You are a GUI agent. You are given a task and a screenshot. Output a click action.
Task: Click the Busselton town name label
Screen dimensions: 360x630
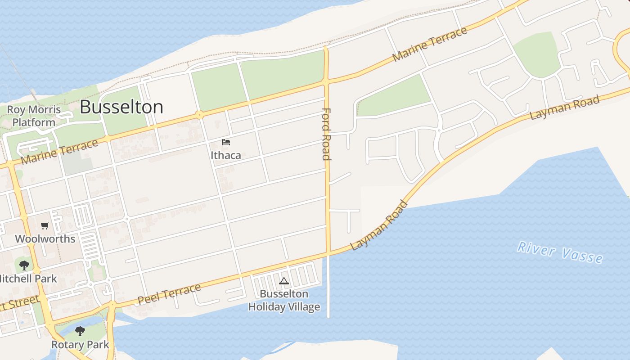121,107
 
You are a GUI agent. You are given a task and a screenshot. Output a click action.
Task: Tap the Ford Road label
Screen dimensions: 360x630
327,134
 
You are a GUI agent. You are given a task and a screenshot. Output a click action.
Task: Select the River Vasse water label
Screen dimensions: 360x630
560,252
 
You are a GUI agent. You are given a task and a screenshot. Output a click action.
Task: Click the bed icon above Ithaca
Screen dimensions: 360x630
226,142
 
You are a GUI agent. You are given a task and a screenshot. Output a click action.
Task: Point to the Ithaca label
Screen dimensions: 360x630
226,155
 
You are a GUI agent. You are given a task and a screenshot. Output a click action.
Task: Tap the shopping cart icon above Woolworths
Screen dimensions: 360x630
45,226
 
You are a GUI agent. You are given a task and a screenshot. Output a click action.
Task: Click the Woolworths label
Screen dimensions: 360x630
45,238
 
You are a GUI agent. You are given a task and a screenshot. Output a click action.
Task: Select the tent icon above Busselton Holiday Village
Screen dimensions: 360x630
283,281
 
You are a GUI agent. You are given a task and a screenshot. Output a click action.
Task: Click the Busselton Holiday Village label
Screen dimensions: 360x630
284,301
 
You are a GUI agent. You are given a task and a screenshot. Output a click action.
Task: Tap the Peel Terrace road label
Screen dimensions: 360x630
169,294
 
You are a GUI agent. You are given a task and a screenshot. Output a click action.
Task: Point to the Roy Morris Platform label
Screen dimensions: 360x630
34,116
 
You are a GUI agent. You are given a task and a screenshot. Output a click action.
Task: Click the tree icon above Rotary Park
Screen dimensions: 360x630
80,332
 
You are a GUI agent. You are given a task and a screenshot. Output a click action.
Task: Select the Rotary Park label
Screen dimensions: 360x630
80,345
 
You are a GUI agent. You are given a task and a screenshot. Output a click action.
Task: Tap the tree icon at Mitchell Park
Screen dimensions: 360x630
24,265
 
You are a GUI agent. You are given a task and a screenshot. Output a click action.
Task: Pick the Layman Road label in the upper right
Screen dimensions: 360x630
565,108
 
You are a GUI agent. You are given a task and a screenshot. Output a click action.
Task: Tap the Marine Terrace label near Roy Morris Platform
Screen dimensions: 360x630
59,152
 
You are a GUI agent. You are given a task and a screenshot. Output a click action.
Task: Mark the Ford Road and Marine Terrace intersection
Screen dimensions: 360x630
326,82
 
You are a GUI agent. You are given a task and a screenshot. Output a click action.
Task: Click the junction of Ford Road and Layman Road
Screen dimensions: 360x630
328,253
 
